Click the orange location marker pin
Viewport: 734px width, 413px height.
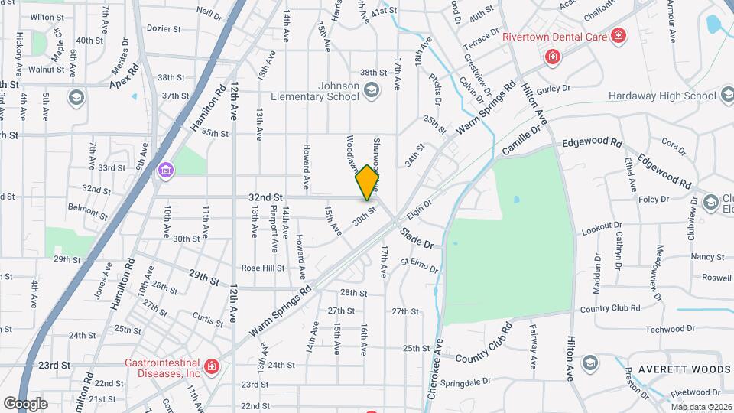point(367,182)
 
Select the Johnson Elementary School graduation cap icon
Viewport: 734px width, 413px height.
point(371,91)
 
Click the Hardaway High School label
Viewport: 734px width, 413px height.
point(662,96)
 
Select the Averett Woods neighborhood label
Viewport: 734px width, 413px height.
point(677,369)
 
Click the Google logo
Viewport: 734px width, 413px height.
point(25,403)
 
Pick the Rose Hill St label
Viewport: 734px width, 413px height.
point(262,268)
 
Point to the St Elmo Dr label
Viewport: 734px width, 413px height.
point(419,265)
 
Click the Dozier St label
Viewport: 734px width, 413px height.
point(163,28)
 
